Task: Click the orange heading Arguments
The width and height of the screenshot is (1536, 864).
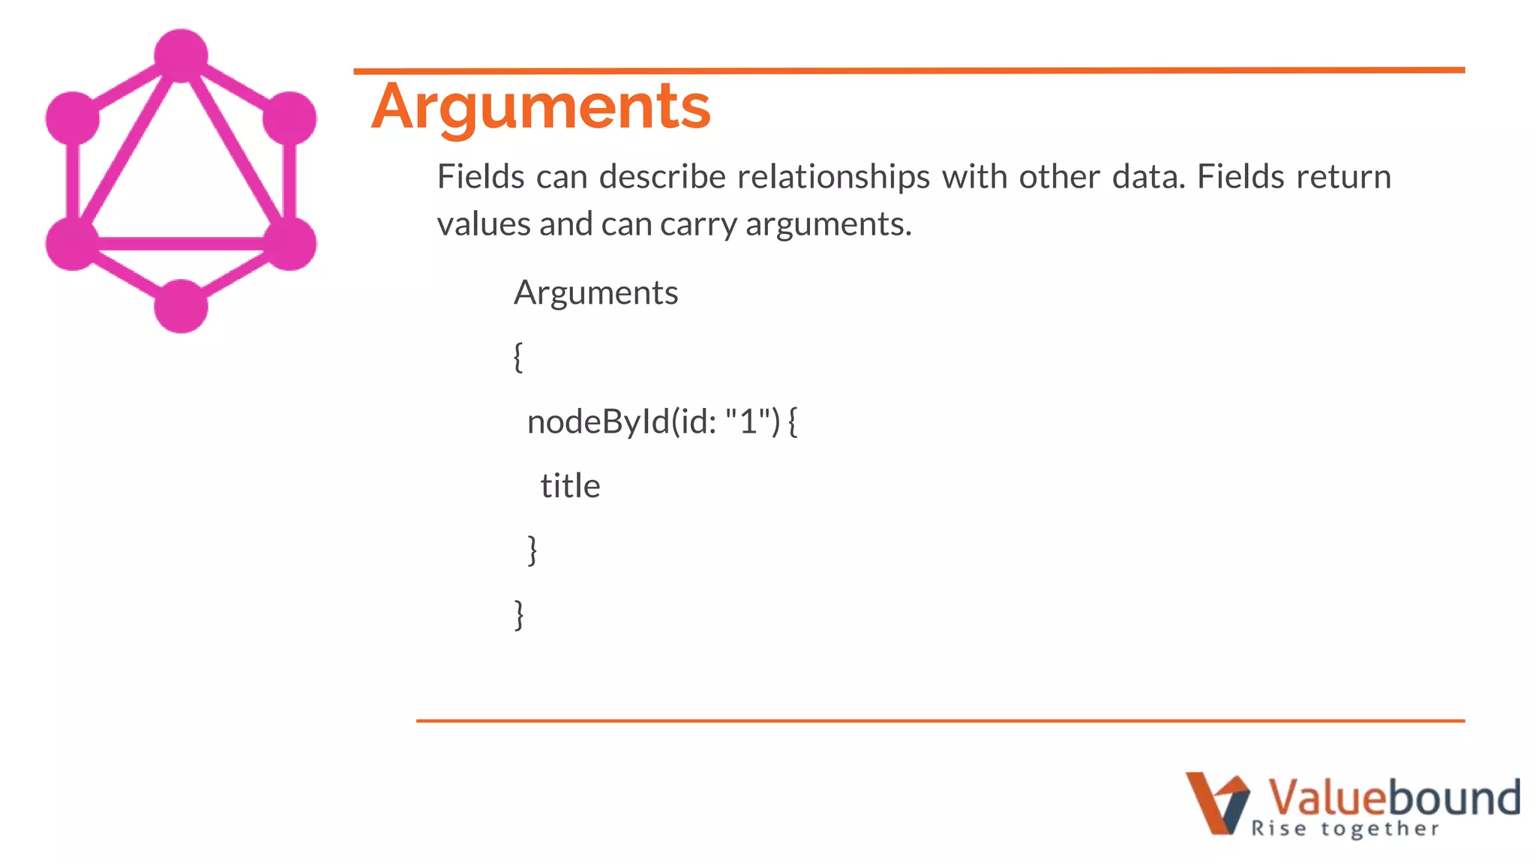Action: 541,107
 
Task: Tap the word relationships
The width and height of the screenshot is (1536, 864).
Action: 833,177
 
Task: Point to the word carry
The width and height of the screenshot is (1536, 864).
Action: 698,224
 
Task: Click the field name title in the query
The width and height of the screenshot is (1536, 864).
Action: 570,486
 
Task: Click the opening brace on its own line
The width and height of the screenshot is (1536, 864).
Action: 518,357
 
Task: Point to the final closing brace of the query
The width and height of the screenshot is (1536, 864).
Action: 519,614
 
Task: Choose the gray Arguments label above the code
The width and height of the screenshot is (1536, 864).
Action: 595,292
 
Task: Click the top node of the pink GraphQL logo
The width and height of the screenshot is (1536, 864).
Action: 181,55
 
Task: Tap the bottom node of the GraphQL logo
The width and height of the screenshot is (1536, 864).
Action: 181,306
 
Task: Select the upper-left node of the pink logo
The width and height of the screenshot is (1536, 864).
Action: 73,118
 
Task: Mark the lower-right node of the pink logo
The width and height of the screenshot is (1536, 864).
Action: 289,243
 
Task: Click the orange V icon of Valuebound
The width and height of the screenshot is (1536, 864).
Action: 1216,802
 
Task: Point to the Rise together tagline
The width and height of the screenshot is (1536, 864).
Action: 1345,829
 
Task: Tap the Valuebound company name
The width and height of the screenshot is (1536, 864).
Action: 1393,796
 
